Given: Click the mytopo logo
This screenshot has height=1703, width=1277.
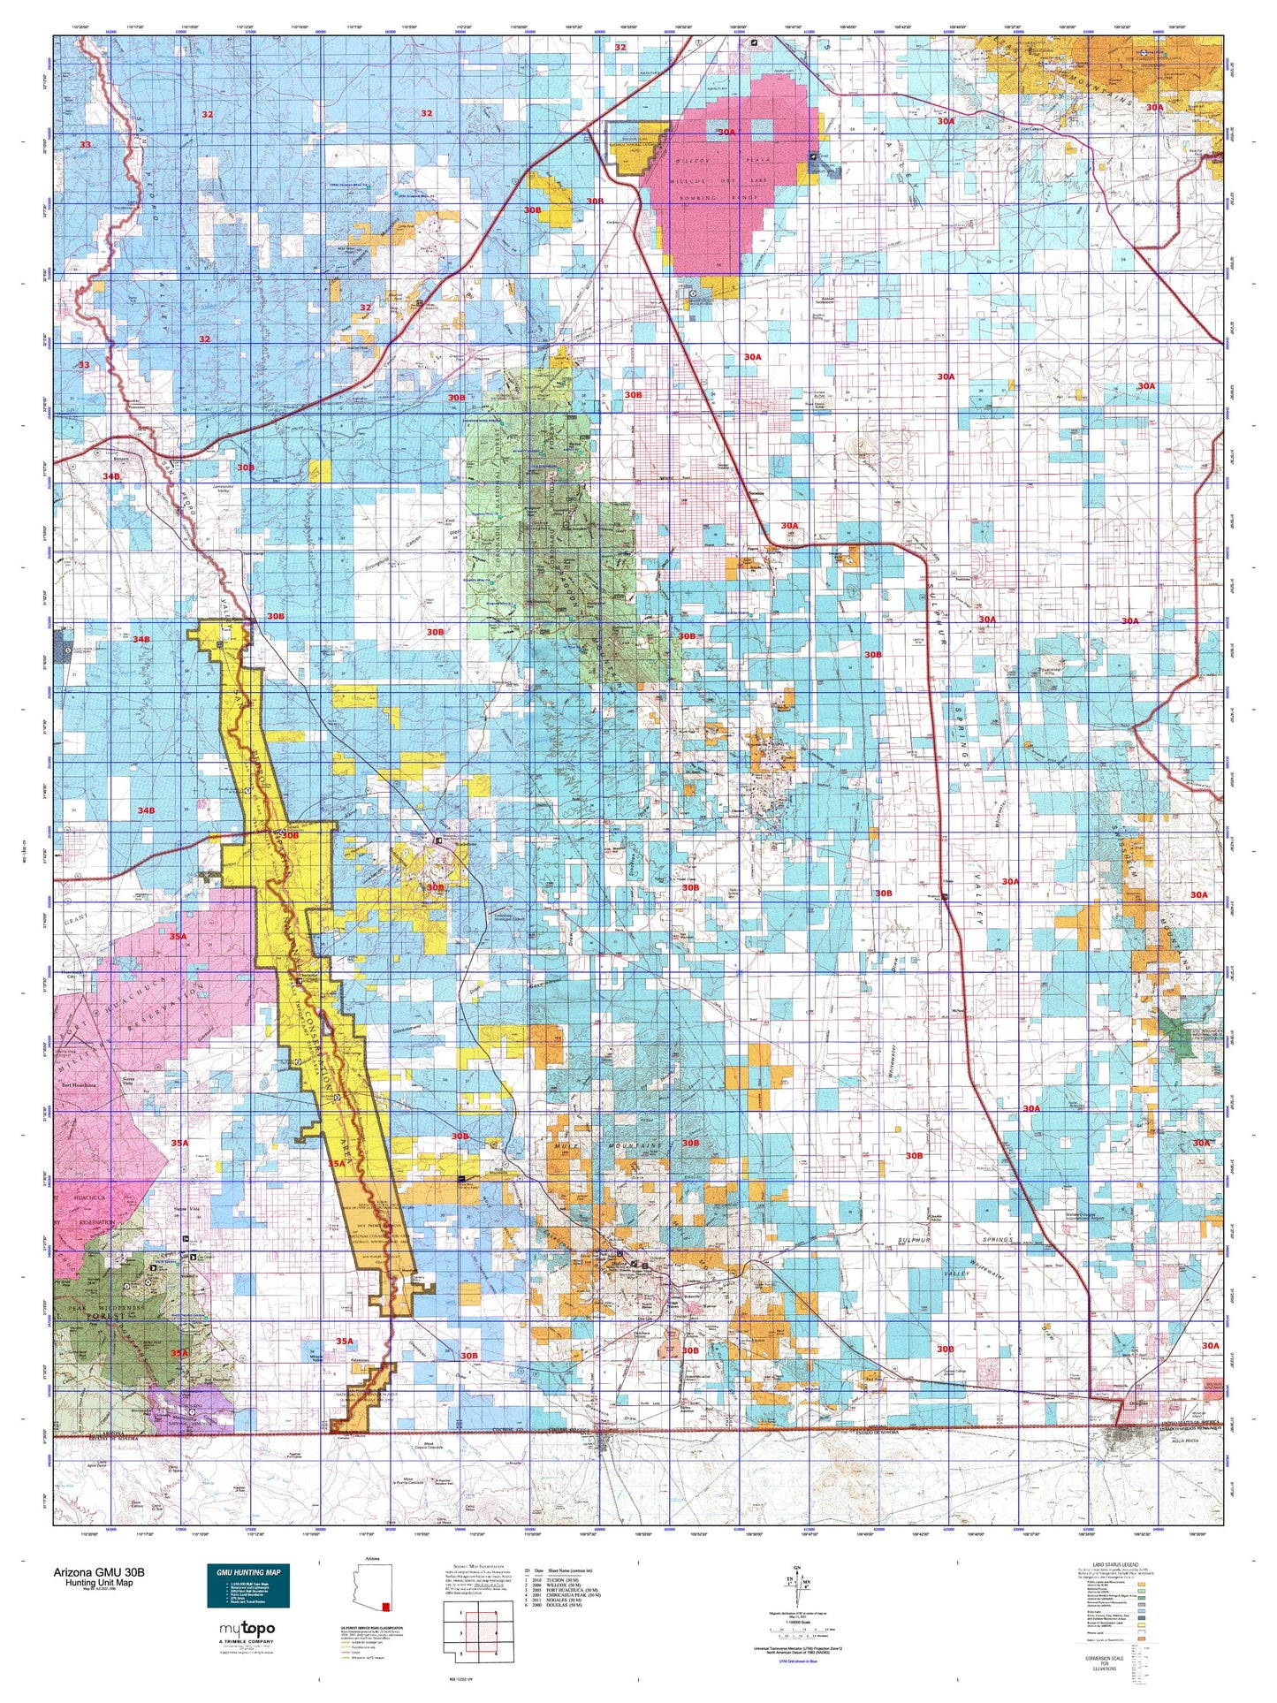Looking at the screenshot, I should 247,1629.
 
